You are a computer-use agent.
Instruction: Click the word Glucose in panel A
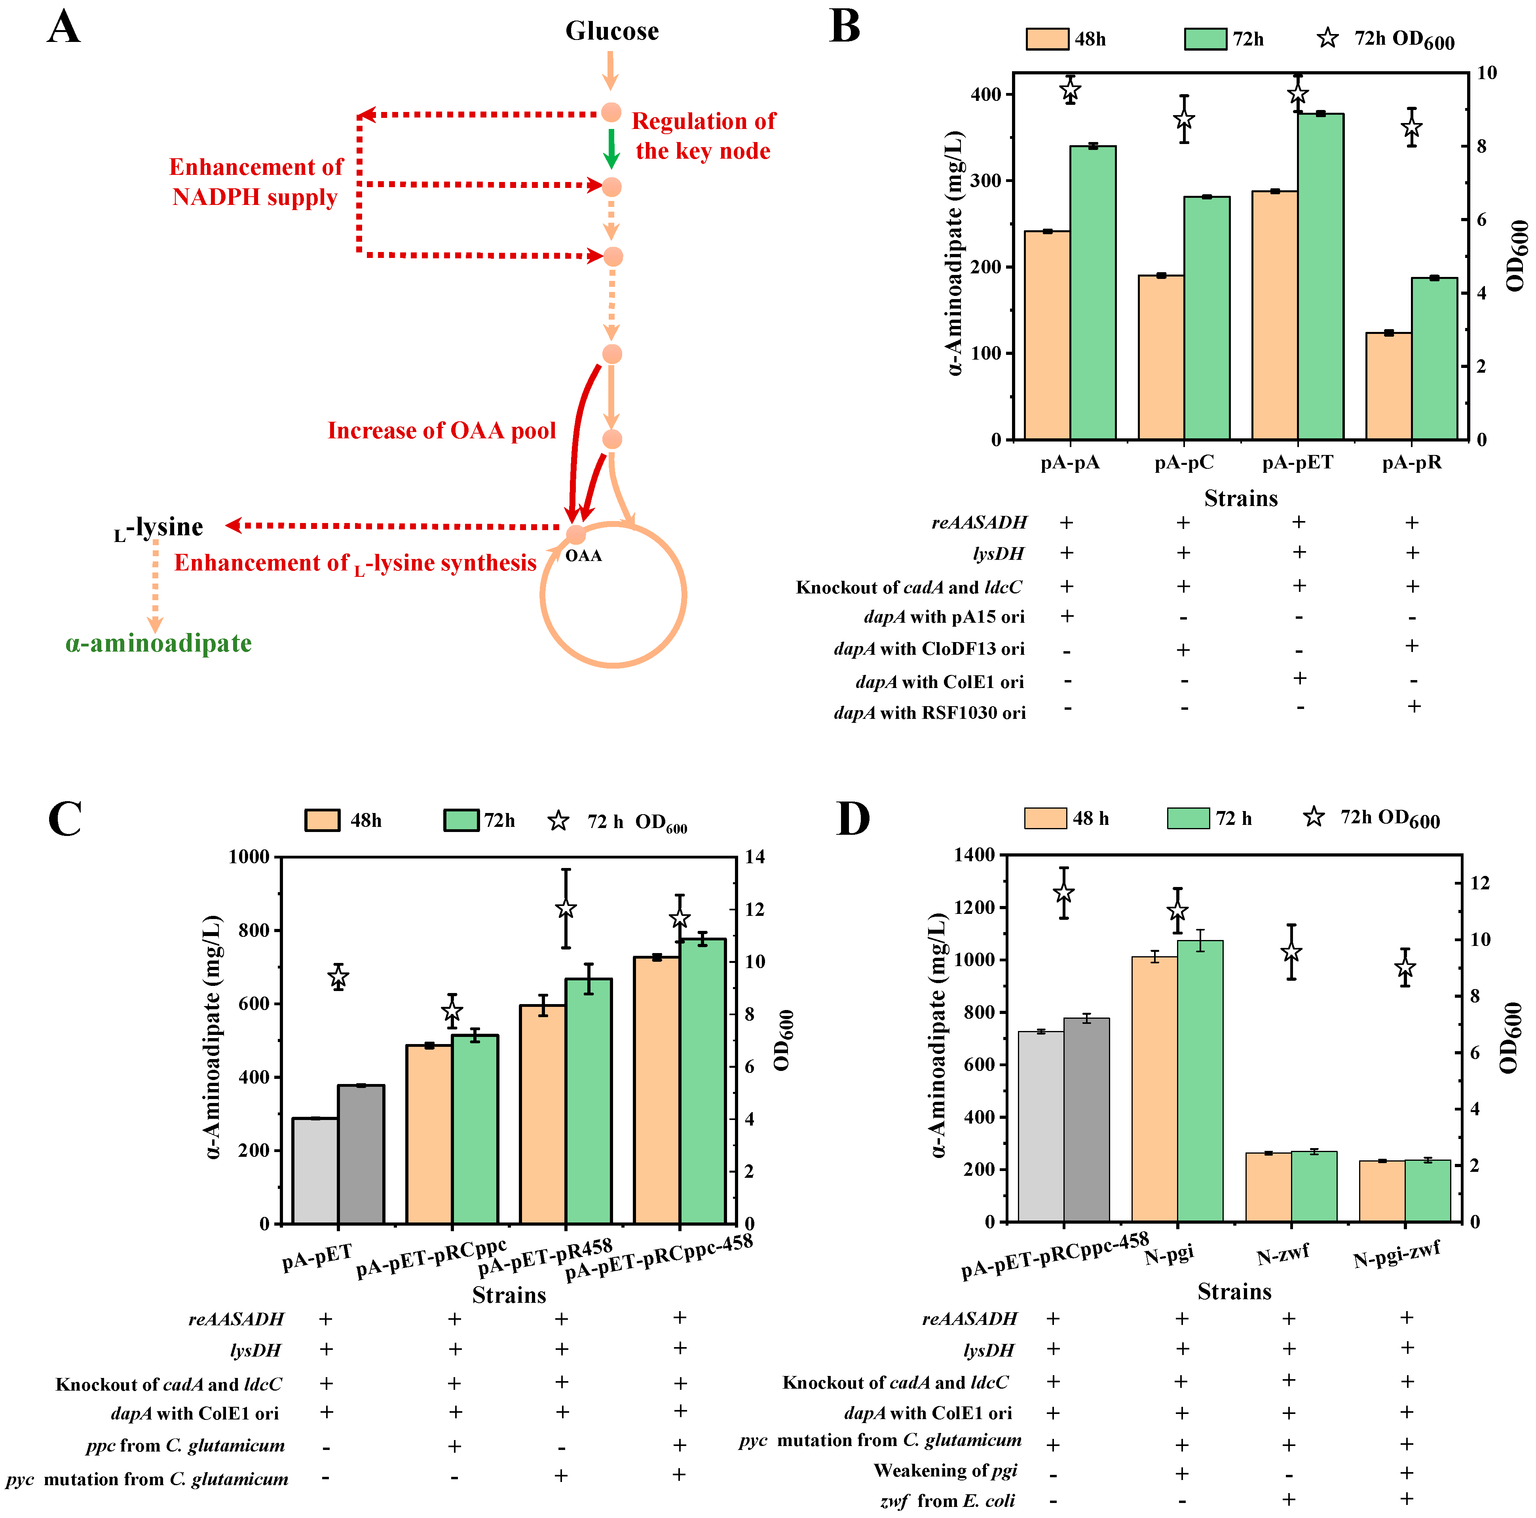(x=611, y=31)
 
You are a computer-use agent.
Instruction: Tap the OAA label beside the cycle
(x=583, y=555)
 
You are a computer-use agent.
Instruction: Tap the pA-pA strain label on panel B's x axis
(x=1070, y=462)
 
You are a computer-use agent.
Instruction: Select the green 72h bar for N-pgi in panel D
(x=1200, y=1081)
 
